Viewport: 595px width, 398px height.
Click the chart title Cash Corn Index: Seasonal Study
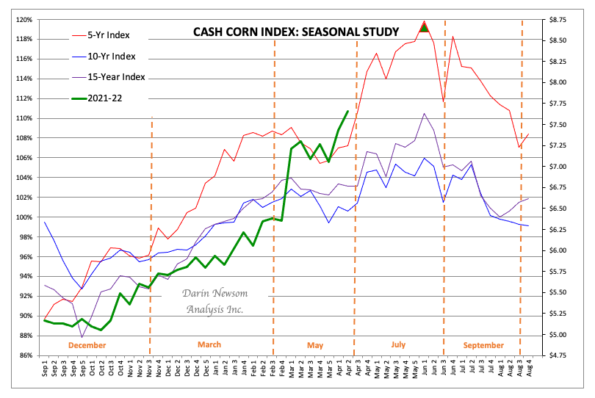(295, 32)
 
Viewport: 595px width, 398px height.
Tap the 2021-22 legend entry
(107, 98)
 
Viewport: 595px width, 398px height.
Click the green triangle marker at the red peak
(424, 28)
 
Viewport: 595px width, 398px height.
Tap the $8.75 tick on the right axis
(556, 20)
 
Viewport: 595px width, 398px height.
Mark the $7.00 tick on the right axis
(556, 167)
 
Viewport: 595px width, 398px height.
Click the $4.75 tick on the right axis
(556, 355)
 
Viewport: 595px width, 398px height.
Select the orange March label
(209, 344)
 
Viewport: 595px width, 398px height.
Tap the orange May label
(315, 344)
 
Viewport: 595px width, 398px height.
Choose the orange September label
(483, 344)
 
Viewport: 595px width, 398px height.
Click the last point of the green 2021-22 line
(347, 111)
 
